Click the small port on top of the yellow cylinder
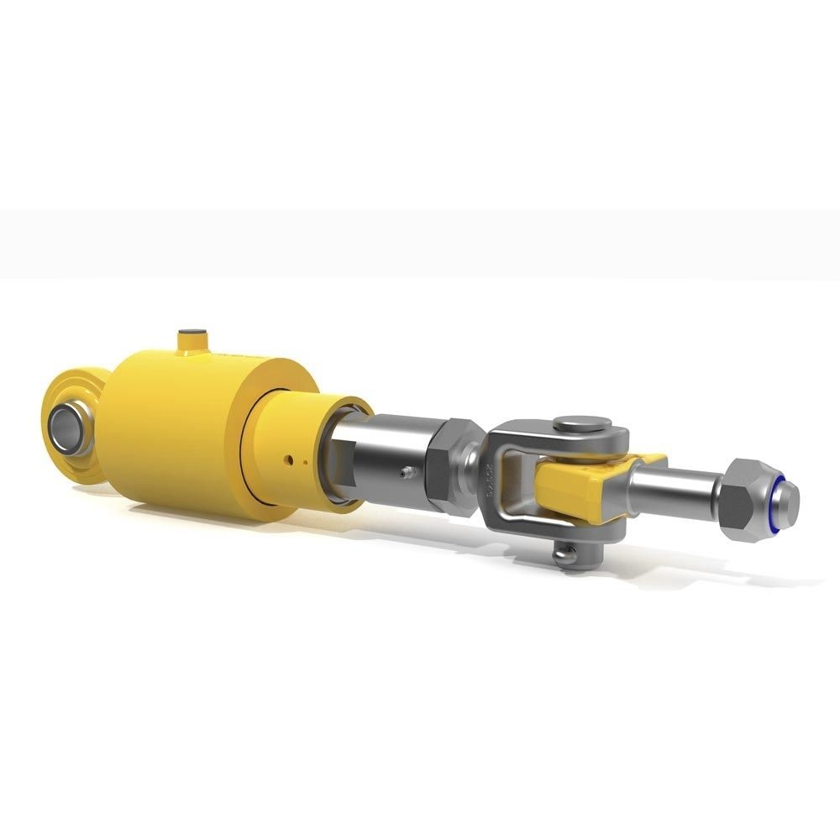point(192,339)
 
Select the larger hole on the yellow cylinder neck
point(289,459)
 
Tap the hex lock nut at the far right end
point(742,500)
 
